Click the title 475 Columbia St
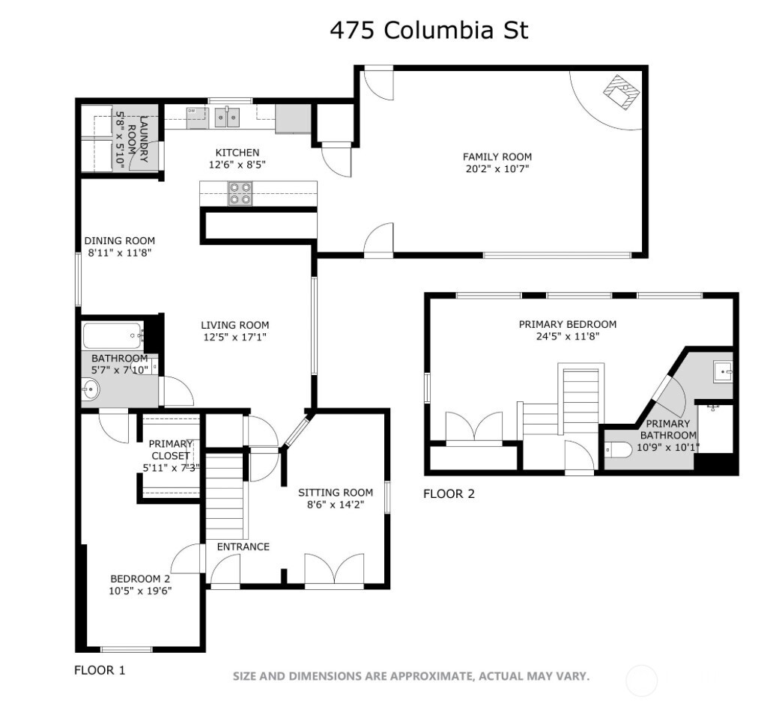[x=429, y=30]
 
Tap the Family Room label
[x=497, y=156]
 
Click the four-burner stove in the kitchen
[x=240, y=193]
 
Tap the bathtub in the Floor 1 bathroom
[x=112, y=335]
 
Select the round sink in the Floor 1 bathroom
[x=91, y=389]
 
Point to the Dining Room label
[x=119, y=241]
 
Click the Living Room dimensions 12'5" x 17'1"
[x=234, y=337]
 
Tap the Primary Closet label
[x=170, y=449]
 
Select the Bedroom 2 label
[x=140, y=579]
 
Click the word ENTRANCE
[x=243, y=547]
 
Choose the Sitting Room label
[x=335, y=493]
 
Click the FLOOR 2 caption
[x=449, y=493]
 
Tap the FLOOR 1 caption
[x=100, y=670]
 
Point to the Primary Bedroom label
[x=567, y=324]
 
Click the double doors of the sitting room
[x=334, y=570]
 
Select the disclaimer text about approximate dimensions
[x=410, y=676]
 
